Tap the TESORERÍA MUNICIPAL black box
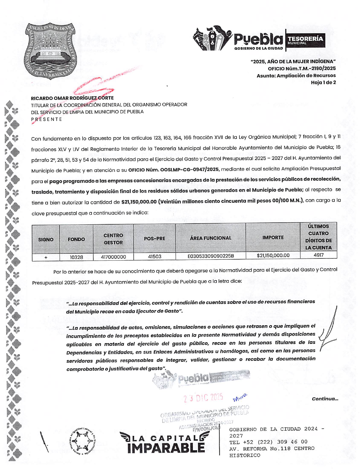click(x=305, y=40)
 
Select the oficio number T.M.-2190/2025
click(x=302, y=69)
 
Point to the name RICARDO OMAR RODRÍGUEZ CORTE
click(x=72, y=98)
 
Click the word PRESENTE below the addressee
click(x=47, y=119)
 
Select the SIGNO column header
click(x=46, y=240)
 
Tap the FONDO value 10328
click(x=76, y=257)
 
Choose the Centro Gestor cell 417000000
click(x=113, y=257)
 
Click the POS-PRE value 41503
click(x=154, y=257)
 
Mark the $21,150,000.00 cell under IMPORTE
click(x=273, y=256)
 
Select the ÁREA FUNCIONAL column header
click(x=211, y=238)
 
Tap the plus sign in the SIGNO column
click(x=46, y=258)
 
